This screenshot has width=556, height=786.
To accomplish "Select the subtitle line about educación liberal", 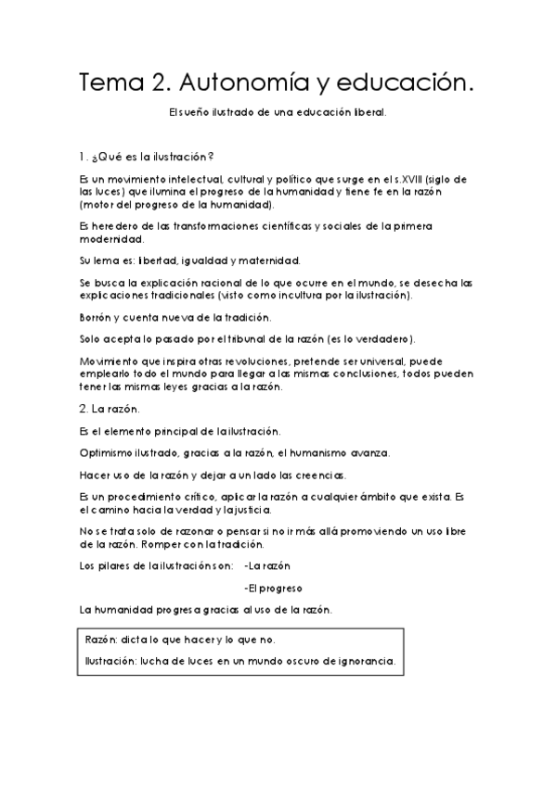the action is point(278,115).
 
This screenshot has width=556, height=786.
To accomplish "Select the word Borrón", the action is point(98,318).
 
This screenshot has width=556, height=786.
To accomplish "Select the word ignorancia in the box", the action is point(364,662).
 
